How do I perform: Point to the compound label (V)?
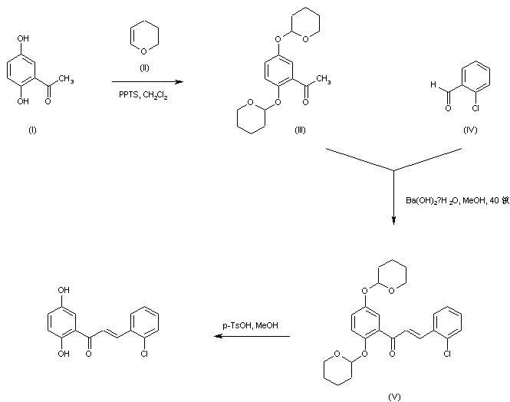pyautogui.click(x=395, y=397)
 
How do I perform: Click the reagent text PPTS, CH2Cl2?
pyautogui.click(x=146, y=94)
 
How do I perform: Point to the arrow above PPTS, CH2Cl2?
pyautogui.click(x=147, y=81)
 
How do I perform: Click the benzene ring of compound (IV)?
pyautogui.click(x=471, y=77)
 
